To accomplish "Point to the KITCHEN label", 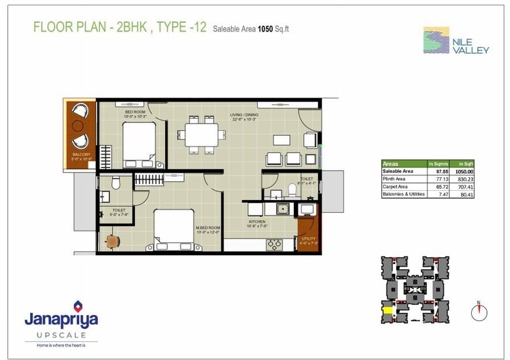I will point(256,222).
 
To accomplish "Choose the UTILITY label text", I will point(308,239).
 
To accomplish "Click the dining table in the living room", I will point(201,134).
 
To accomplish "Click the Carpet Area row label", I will point(396,187).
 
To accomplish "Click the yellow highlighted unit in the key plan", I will point(387,310).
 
